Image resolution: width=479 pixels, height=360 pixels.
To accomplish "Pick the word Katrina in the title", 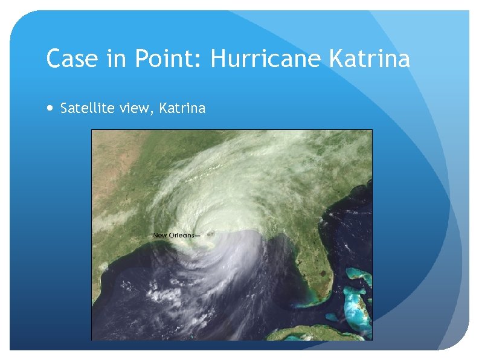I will coord(370,59).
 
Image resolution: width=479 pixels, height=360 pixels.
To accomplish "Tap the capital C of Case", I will coord(55,59).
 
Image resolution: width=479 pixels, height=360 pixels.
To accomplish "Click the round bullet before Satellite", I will coord(49,109).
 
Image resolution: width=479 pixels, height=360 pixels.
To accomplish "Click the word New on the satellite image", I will coord(160,235).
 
